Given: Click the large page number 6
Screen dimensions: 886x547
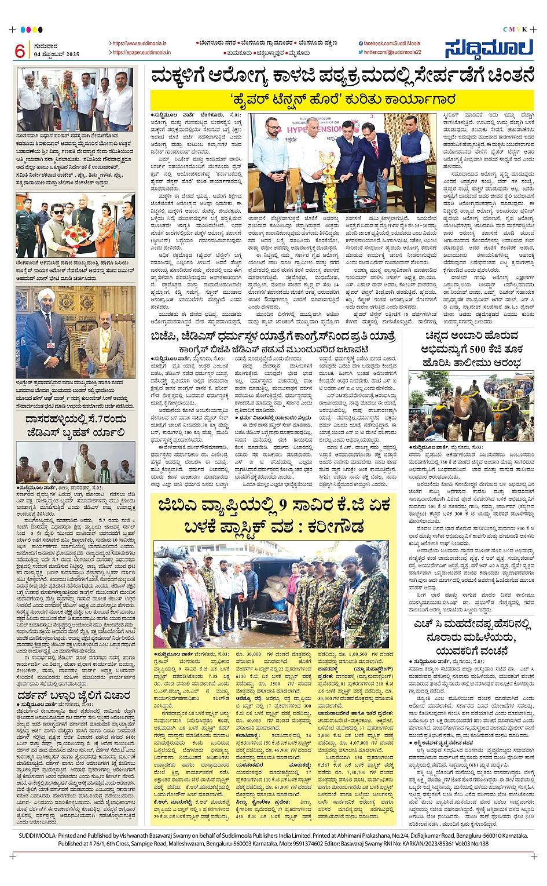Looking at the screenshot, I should tap(20, 51).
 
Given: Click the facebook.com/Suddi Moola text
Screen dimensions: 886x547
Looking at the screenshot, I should tap(392, 43).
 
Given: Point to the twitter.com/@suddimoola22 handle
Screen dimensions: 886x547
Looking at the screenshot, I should tap(392, 53).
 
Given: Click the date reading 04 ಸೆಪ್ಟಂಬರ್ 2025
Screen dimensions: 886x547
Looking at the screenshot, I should tap(57, 54).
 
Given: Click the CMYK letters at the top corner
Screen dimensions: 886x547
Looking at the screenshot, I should tap(515, 29).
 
